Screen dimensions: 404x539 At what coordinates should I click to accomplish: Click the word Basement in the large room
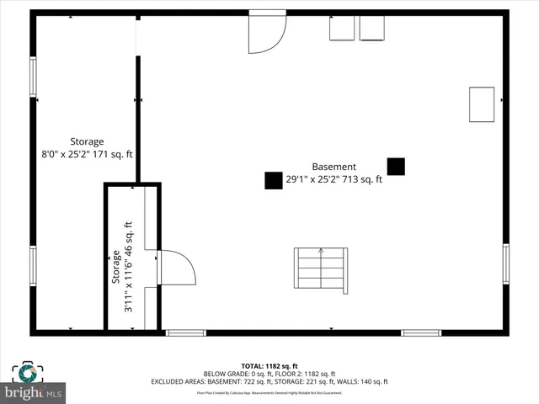pos(334,167)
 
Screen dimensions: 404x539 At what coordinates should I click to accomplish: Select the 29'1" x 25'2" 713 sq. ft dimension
pos(334,179)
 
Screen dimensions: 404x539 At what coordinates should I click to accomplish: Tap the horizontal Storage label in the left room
pos(87,141)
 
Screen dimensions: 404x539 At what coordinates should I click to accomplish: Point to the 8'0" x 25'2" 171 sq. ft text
pos(87,154)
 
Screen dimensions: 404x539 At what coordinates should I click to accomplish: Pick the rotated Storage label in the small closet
pos(116,268)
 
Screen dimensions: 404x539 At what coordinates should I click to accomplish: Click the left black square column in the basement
pos(273,180)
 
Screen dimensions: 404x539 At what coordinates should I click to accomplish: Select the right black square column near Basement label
pos(396,167)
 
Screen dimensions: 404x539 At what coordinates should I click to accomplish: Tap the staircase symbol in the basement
pos(320,269)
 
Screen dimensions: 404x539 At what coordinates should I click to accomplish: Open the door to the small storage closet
pos(175,268)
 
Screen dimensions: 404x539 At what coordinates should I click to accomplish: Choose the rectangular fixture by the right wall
pos(482,104)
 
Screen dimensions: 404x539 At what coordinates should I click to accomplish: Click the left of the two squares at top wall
pos(342,28)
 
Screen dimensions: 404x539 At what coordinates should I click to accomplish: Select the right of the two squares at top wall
pos(371,28)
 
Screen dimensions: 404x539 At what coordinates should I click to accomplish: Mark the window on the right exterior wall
pos(505,263)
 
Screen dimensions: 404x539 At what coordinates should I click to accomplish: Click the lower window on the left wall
pos(33,266)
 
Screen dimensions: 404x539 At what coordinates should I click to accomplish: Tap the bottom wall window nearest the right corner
pos(420,332)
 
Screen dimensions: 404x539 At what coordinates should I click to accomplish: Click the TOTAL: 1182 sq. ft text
pos(269,365)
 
